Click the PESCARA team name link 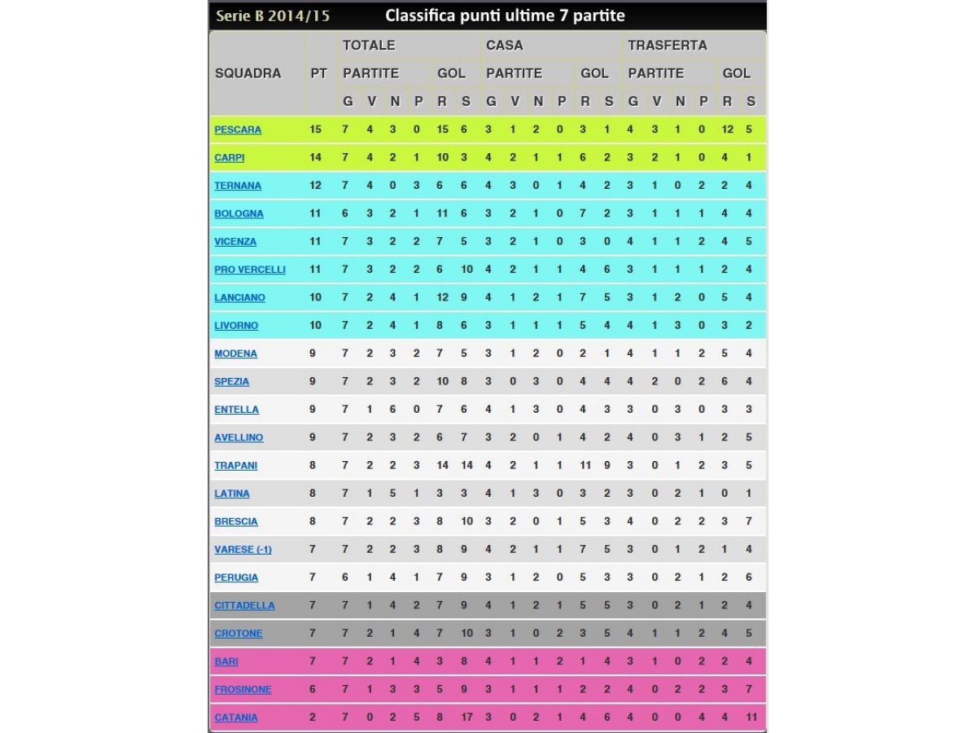[238, 129]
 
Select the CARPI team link [229, 158]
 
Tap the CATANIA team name [236, 718]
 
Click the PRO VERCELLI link [250, 270]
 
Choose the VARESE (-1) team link [243, 550]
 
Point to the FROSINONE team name [243, 690]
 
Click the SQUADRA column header [248, 73]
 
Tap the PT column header [319, 73]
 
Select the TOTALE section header [369, 46]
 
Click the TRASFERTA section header [667, 46]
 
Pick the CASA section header [504, 46]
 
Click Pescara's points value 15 [316, 129]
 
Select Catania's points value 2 [313, 718]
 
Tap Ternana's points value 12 [316, 186]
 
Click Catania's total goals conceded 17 [466, 718]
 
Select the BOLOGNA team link [239, 213]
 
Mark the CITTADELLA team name [244, 606]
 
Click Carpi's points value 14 [316, 158]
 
